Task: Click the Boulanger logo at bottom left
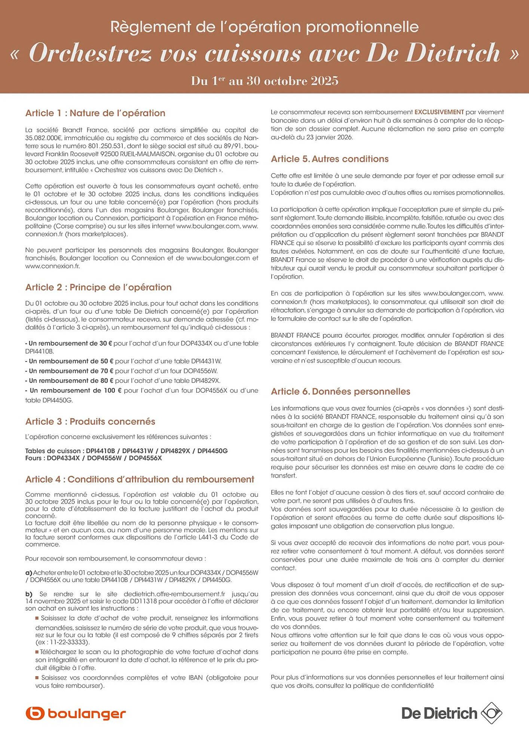76,714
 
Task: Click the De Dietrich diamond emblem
491,713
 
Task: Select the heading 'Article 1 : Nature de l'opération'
95,113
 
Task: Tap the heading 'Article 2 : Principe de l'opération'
98,287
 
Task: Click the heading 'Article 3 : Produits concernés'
90,421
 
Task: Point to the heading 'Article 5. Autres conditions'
330,159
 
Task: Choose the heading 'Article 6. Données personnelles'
340,392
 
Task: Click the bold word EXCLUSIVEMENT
439,112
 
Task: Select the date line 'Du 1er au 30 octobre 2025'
264,81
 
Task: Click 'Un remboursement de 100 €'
75,390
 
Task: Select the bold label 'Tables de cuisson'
53,451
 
